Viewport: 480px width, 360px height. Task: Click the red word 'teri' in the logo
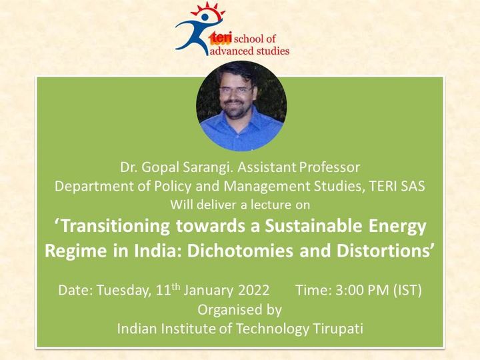click(x=221, y=38)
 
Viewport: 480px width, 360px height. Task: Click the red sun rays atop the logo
click(x=208, y=10)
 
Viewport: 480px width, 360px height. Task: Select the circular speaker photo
click(x=241, y=106)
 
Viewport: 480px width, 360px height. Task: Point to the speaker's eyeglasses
click(x=236, y=90)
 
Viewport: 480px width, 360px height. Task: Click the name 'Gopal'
click(x=157, y=168)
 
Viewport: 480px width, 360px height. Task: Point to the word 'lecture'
click(x=271, y=205)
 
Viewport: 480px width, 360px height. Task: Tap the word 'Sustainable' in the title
click(x=313, y=225)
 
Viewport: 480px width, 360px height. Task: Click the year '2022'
click(x=254, y=290)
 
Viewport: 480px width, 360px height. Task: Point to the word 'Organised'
click(x=225, y=310)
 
